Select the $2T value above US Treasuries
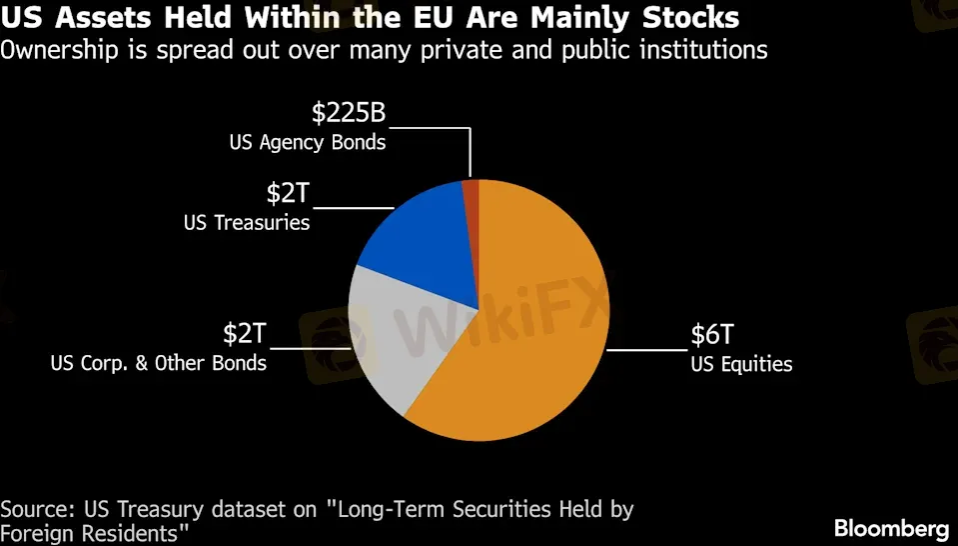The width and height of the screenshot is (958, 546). (x=288, y=192)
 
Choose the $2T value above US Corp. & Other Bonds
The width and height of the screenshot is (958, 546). (x=245, y=333)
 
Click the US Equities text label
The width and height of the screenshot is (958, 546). (x=741, y=364)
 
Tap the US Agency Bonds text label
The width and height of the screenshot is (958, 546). (x=308, y=142)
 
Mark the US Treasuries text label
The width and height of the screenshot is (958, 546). (x=247, y=222)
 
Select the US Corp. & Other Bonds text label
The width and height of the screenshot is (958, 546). (x=159, y=362)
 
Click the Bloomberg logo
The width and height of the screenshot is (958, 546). (x=891, y=527)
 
